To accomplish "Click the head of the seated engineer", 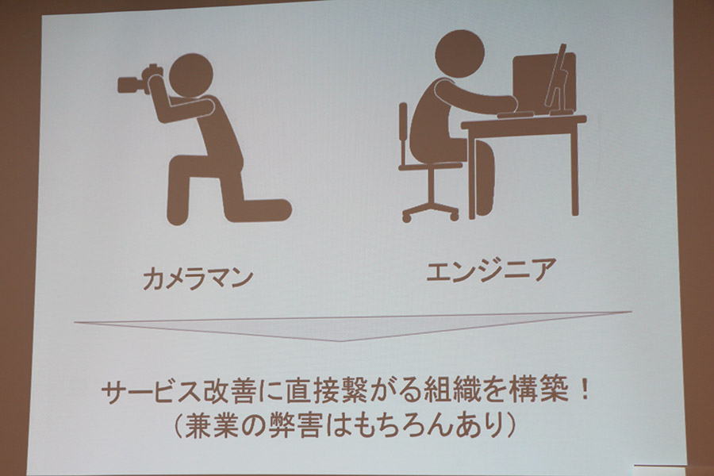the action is pos(459,53).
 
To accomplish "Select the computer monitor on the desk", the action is pos(544,82).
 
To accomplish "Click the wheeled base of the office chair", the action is pos(430,210).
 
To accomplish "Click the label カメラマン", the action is pos(198,278).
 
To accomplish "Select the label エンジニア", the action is pos(491,269).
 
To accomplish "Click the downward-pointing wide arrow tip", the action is pos(340,340).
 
